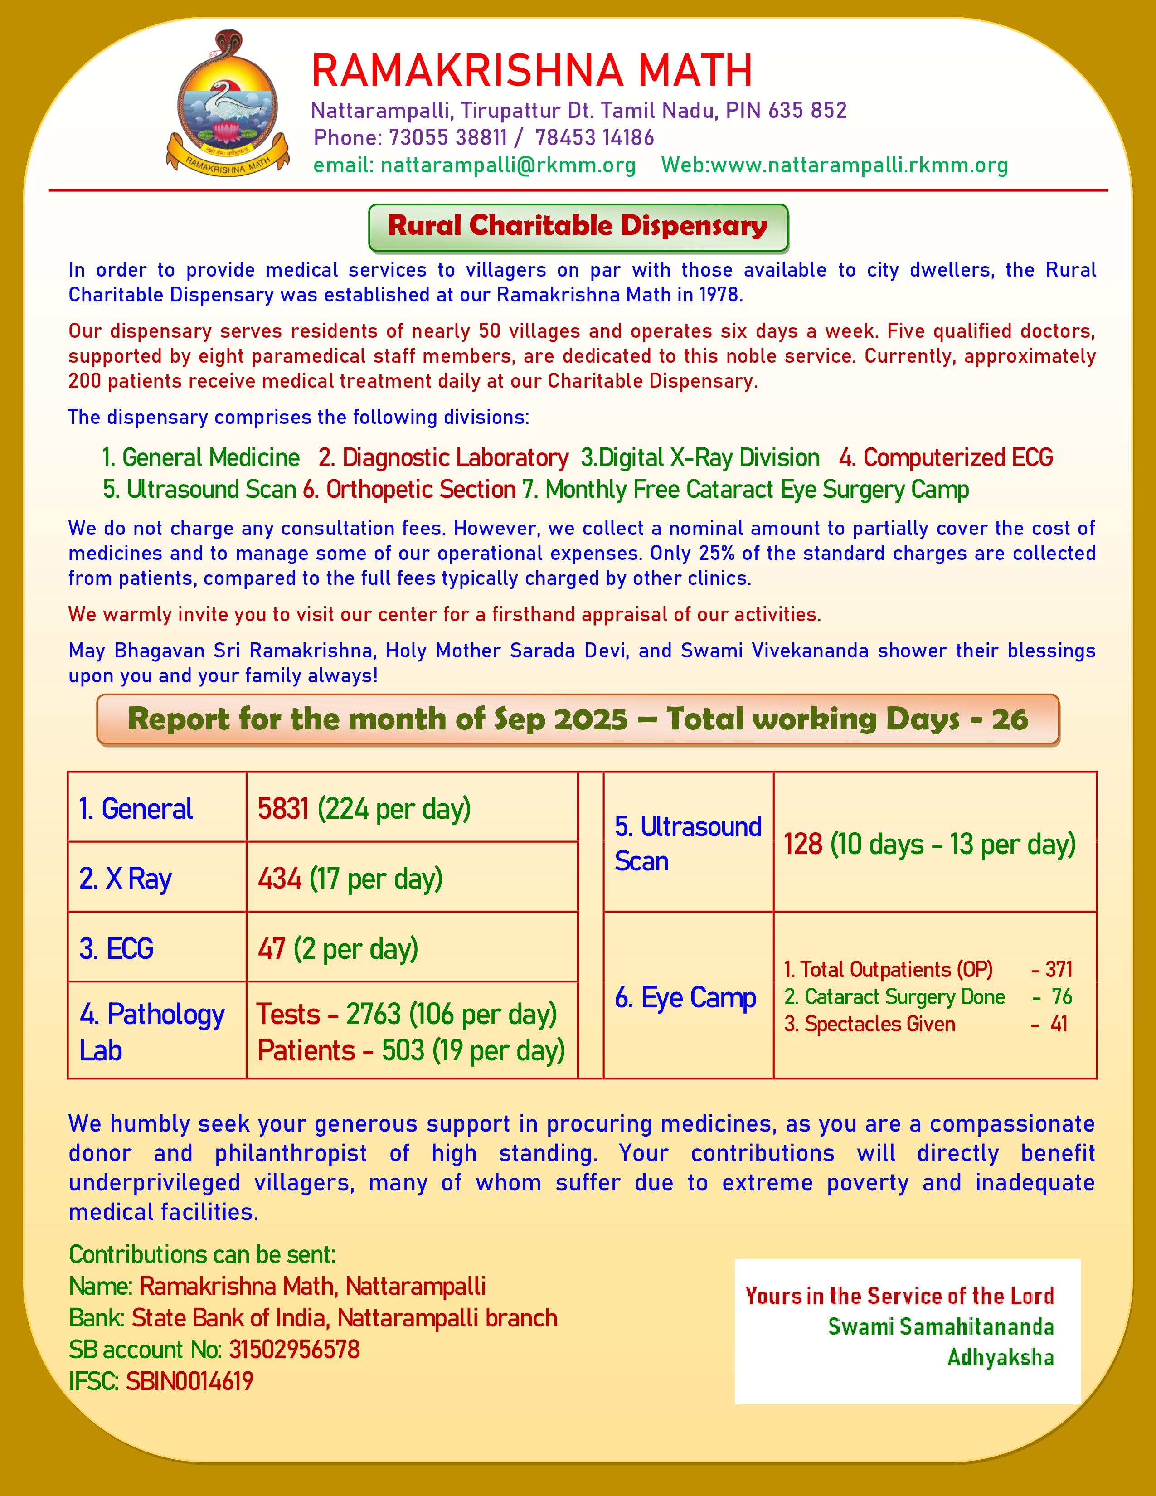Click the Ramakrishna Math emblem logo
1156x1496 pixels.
pyautogui.click(x=228, y=103)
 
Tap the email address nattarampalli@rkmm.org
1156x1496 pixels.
pyautogui.click(x=507, y=165)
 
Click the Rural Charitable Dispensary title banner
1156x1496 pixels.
pyautogui.click(x=578, y=227)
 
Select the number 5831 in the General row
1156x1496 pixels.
pyautogui.click(x=283, y=809)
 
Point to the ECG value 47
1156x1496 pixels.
pyautogui.click(x=271, y=949)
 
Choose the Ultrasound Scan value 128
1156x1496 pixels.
pyautogui.click(x=802, y=845)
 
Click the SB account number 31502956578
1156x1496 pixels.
pyautogui.click(x=294, y=1350)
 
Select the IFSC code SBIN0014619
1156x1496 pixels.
pyautogui.click(x=189, y=1381)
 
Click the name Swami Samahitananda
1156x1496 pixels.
pyautogui.click(x=941, y=1327)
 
